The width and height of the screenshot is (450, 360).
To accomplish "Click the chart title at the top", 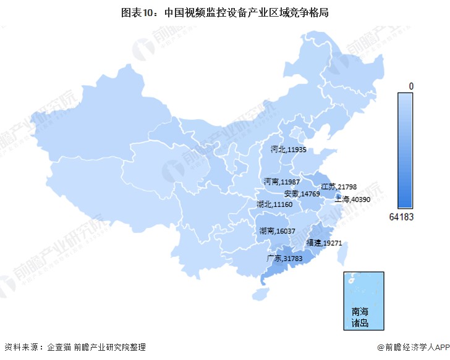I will click(x=225, y=12).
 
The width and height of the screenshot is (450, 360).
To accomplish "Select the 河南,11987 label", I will click(x=281, y=182).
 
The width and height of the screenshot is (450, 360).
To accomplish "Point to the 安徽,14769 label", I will click(x=302, y=194).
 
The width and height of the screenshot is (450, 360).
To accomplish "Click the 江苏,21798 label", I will click(x=338, y=186).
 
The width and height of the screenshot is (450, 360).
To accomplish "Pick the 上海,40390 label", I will click(x=352, y=199).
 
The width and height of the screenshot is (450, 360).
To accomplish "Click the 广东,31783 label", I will click(x=284, y=258).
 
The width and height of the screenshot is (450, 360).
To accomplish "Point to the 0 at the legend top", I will click(x=411, y=85).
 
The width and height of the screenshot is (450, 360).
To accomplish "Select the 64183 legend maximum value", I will click(x=401, y=217).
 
